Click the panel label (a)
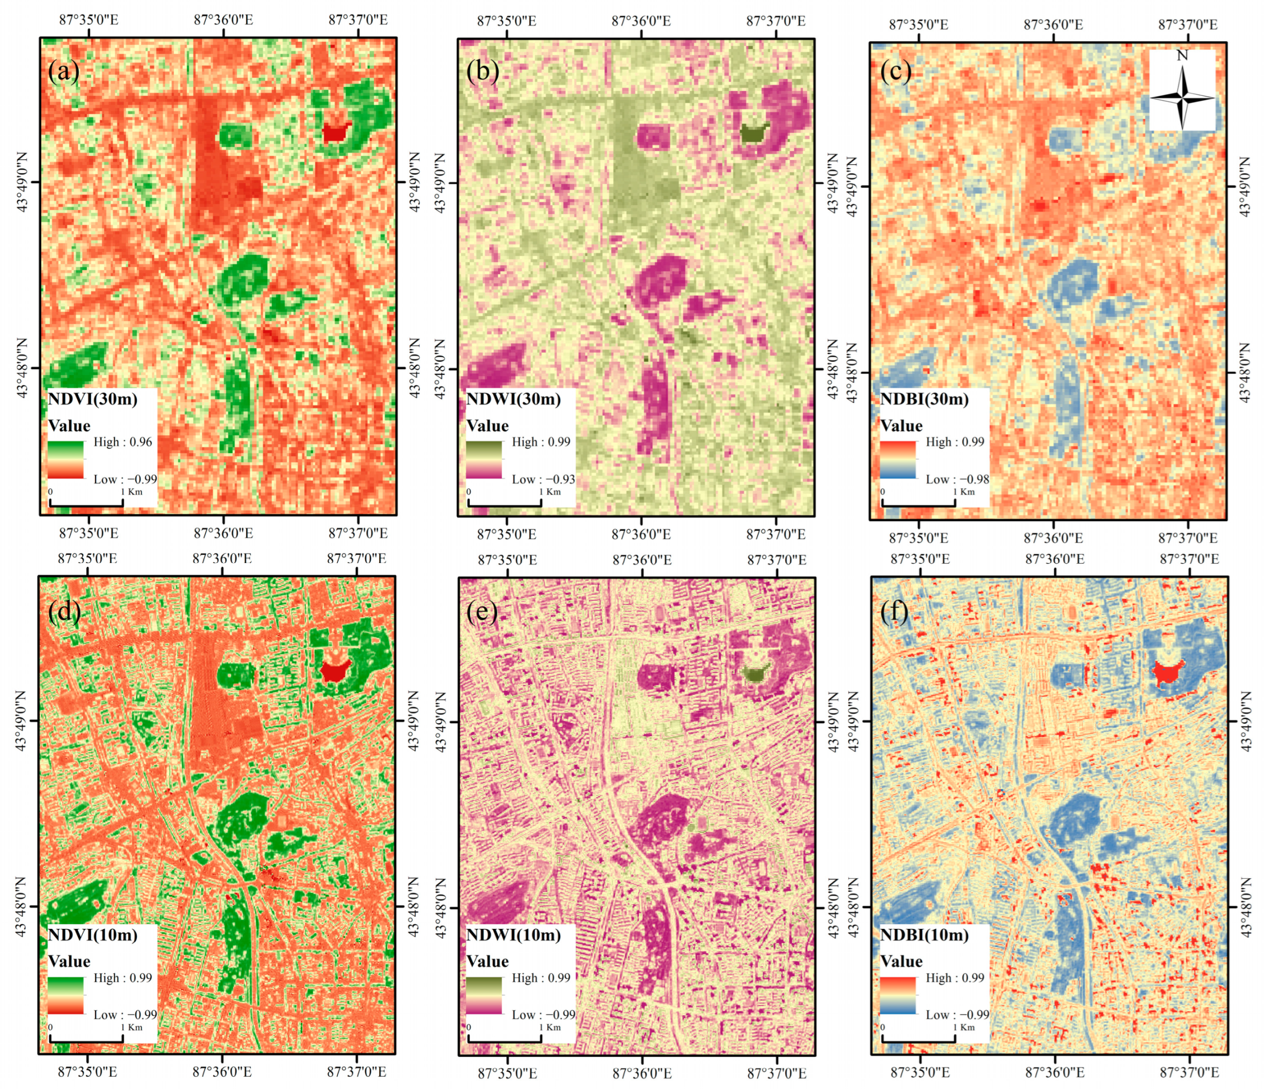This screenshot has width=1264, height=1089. [63, 72]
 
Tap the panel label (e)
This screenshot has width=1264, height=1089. [482, 611]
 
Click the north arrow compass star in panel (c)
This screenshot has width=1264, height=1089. [1182, 98]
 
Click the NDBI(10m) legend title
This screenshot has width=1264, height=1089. [924, 935]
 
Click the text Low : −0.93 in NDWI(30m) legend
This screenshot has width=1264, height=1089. [543, 479]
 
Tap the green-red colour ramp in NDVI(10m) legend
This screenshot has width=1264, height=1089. [66, 995]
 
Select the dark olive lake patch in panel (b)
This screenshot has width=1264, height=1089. [754, 133]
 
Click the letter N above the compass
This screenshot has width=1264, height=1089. [1182, 55]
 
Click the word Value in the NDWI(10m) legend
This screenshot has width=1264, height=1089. [487, 961]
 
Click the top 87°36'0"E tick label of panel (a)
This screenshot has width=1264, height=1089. [223, 19]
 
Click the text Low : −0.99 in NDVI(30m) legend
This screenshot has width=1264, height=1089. [125, 479]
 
